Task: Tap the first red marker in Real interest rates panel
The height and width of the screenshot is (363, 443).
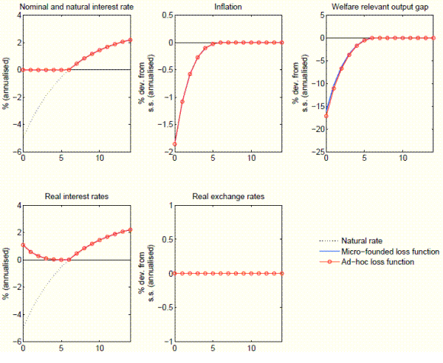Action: click(x=24, y=246)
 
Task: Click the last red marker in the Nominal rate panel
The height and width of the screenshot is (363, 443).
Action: click(x=130, y=40)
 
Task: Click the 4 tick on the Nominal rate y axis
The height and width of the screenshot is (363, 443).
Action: click(x=18, y=15)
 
